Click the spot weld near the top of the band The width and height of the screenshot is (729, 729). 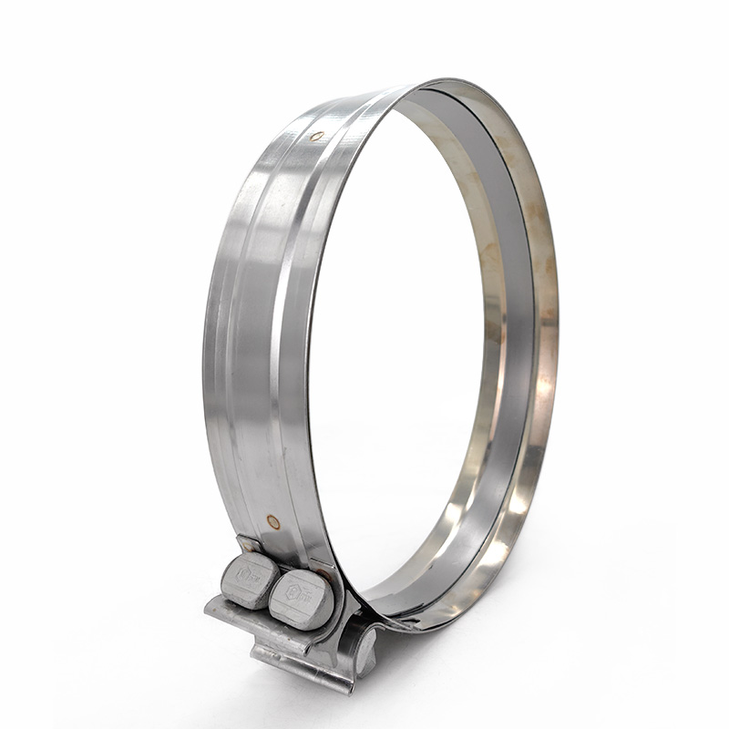[316, 136]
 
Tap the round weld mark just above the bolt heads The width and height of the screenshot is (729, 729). [272, 522]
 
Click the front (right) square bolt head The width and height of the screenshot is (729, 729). [300, 597]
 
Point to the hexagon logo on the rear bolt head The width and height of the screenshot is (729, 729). [244, 573]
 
